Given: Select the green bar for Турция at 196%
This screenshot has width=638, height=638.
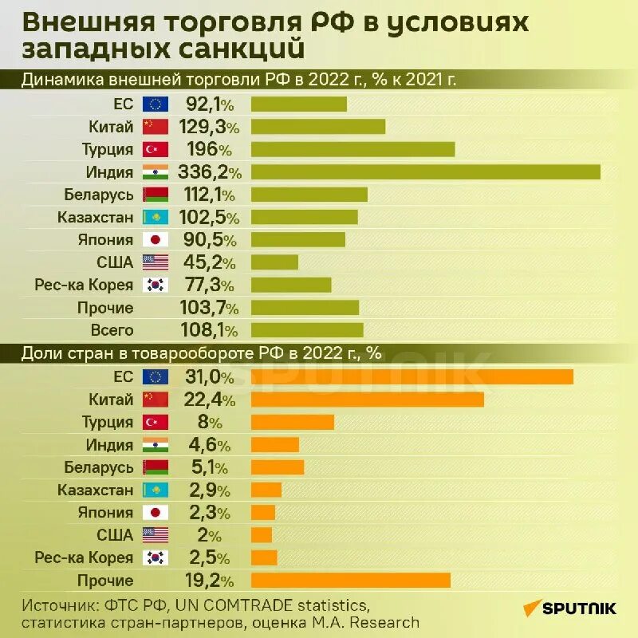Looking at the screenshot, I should click(352, 149).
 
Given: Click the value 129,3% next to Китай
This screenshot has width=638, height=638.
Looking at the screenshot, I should click(212, 127).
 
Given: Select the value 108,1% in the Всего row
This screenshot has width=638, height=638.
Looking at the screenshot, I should click(212, 330).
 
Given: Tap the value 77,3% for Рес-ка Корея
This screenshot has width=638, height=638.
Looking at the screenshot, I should click(211, 285).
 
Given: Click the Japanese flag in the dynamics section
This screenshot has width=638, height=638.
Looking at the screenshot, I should click(156, 240).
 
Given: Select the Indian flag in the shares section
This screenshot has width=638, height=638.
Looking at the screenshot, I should click(156, 445).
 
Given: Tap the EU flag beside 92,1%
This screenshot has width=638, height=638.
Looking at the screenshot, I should click(156, 104).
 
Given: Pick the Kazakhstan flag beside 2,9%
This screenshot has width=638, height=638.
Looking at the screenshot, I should click(156, 490).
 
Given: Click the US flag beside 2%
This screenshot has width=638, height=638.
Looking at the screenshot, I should click(156, 535).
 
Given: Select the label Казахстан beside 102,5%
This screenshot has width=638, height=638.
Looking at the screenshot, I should click(95, 217).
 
